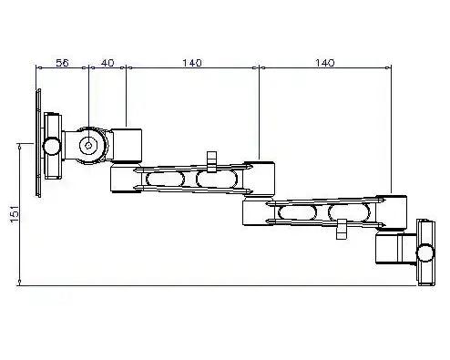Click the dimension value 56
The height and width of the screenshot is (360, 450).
click(x=62, y=63)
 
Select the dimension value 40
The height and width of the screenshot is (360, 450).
click(x=107, y=63)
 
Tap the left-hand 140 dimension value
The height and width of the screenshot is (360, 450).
click(x=191, y=63)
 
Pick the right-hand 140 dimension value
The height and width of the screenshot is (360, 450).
click(x=324, y=63)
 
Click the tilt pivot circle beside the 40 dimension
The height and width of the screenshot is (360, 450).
click(x=88, y=144)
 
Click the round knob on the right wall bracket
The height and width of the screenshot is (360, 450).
click(x=424, y=252)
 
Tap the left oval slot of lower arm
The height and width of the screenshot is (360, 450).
click(x=298, y=214)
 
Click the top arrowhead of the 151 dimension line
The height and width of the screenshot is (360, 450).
click(x=20, y=144)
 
